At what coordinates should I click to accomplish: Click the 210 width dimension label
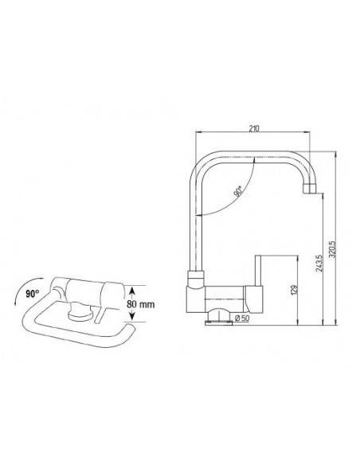coord(254,129)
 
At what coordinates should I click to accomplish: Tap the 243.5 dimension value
coord(319,263)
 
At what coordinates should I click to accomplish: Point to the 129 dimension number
coord(294,290)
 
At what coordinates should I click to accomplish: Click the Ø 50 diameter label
coord(242,318)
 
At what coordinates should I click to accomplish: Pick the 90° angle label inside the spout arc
coord(238,191)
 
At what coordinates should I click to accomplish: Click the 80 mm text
coord(140,304)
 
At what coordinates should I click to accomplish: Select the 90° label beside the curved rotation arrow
coord(33,294)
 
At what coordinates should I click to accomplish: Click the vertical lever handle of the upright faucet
coord(258,271)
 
